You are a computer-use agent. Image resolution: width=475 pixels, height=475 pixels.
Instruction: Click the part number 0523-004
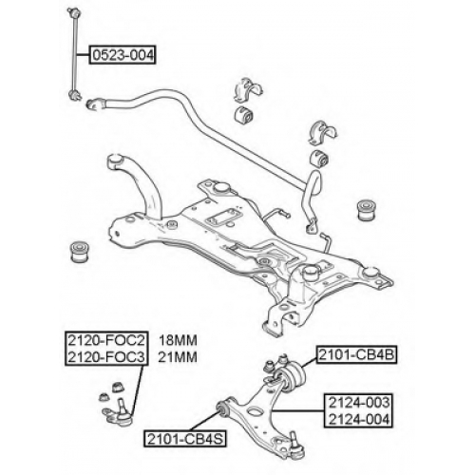pos(123,55)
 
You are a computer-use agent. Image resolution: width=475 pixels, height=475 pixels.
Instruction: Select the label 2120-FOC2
pos(106,340)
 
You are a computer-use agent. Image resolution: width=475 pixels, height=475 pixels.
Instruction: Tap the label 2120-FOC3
pos(106,357)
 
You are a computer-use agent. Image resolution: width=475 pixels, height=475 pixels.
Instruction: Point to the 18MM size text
pos(178,340)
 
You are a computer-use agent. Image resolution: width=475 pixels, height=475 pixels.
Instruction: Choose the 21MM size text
pos(178,357)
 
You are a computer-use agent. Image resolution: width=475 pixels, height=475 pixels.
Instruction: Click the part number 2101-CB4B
pos(356,354)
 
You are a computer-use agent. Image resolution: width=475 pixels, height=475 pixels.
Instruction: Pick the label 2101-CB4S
pos(185,439)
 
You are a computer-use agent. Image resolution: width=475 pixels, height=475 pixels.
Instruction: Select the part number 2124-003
pos(359,403)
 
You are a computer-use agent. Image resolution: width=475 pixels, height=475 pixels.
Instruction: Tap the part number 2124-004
pos(359,419)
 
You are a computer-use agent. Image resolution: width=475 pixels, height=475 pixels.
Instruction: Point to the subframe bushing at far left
pos(80,252)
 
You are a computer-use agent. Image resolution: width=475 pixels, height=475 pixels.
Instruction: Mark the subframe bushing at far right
pos(367,210)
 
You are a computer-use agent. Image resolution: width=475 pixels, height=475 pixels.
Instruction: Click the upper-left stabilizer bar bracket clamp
pos(248,90)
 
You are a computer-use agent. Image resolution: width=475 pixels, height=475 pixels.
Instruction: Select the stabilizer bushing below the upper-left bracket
pos(244,115)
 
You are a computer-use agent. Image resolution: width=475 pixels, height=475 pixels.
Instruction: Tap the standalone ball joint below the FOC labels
pos(117,414)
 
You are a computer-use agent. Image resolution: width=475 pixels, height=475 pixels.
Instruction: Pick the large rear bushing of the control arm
pos(293,378)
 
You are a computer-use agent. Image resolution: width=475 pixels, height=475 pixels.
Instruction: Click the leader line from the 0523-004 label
pos(83,55)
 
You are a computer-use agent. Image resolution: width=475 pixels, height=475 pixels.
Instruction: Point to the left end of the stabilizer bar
pos(91,104)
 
